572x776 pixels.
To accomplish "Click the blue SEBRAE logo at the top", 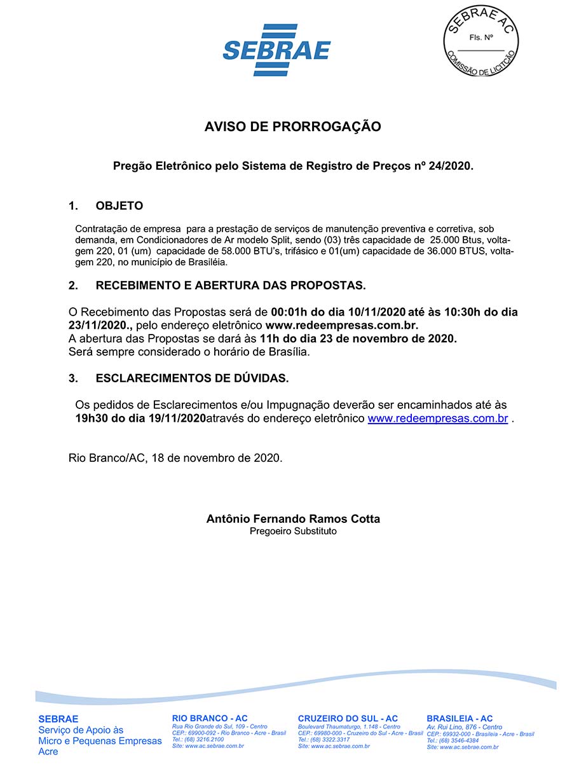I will coord(276,49).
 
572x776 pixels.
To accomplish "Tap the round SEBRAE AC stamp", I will coord(480,41).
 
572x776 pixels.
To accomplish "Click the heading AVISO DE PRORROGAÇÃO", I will coord(292,127).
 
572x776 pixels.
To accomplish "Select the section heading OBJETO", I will coord(119,206).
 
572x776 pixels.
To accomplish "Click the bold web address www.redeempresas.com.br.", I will coord(342,325).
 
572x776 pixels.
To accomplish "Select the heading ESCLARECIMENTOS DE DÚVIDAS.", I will coord(192,378).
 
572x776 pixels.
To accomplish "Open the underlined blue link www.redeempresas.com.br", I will coord(437,419).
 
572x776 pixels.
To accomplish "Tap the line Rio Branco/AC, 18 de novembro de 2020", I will coord(175,458).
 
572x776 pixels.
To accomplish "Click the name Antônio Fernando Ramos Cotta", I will coord(293,519).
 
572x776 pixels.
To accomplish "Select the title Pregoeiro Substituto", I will coord(293,531).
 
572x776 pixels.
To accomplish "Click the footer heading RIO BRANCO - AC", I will coord(210,718).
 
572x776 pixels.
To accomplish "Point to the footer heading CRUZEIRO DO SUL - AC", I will coord(348,719).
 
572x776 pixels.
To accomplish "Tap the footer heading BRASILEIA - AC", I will coord(460,719).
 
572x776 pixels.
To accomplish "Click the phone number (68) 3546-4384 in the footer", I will coord(458,740).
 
